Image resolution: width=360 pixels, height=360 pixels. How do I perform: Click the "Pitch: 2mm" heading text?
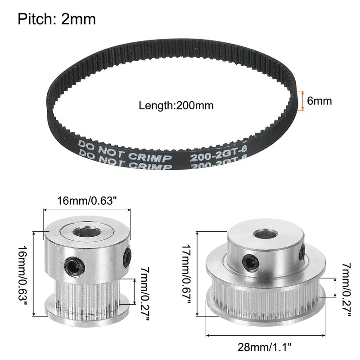57,19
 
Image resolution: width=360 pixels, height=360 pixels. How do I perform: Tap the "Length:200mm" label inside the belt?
176,106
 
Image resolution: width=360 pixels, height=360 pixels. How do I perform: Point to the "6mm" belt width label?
319,101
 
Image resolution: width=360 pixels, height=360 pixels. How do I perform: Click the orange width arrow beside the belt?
302,100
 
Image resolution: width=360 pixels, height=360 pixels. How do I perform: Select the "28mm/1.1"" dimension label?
264,347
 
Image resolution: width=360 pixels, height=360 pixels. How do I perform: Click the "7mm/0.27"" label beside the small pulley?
144,294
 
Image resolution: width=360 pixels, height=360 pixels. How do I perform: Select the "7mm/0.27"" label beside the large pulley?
346,289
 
